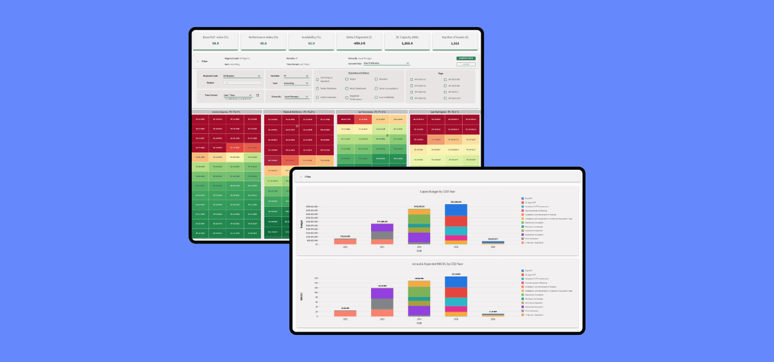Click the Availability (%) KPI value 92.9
tap(311, 44)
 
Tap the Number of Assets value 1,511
tap(454, 44)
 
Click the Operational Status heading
tap(359, 73)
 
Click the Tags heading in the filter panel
tap(440, 73)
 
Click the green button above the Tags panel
tap(466, 58)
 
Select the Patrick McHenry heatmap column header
tap(299, 112)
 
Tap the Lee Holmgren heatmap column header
tap(445, 112)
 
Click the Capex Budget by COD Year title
tap(437, 191)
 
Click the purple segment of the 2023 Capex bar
tap(382, 227)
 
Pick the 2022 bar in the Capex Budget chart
tap(345, 241)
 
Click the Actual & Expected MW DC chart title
tap(437, 264)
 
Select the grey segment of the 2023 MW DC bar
tap(382, 304)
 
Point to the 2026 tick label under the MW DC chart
tap(493, 319)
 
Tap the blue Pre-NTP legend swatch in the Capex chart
tap(522, 198)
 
